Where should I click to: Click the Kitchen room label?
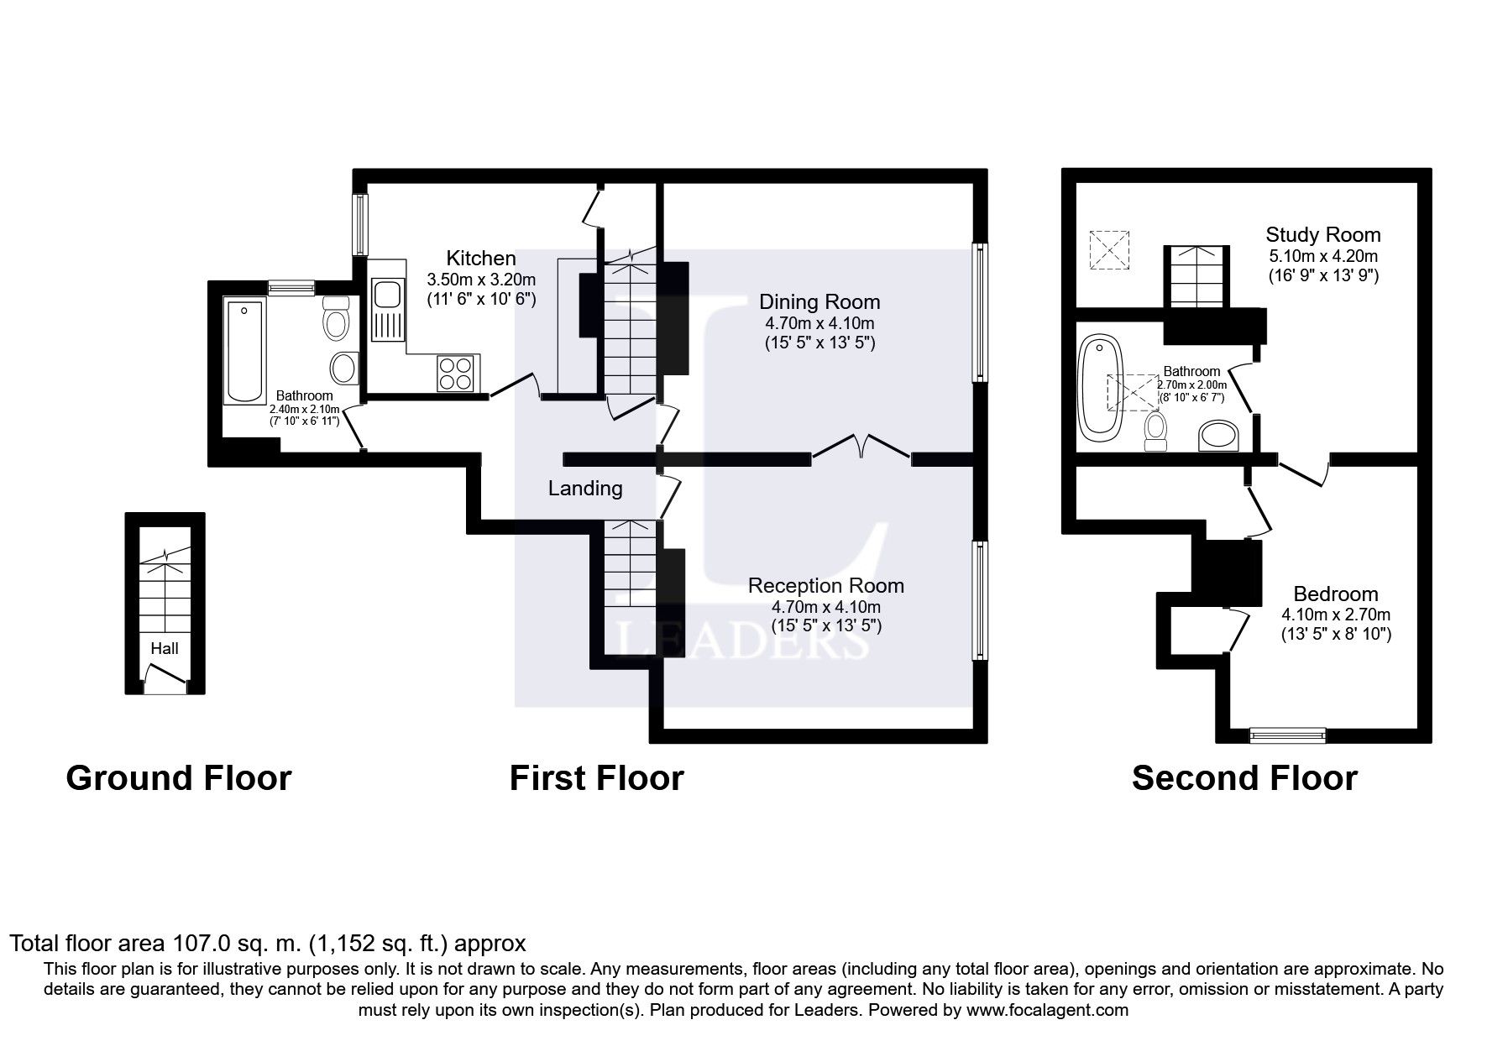[x=481, y=258]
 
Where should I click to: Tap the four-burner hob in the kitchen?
[x=457, y=373]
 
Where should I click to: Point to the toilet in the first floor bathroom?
[x=336, y=318]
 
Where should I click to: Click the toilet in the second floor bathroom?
[x=1155, y=426]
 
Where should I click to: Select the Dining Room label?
[x=819, y=302]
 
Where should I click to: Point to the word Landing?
[x=585, y=489]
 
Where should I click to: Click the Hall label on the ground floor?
[x=165, y=648]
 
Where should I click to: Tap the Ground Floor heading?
[x=178, y=778]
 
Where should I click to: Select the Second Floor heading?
[x=1244, y=778]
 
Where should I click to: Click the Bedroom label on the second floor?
[x=1336, y=594]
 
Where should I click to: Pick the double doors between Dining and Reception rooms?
[x=861, y=446]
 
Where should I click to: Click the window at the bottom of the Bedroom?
[x=1288, y=735]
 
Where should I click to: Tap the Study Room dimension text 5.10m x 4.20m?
[x=1323, y=256]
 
